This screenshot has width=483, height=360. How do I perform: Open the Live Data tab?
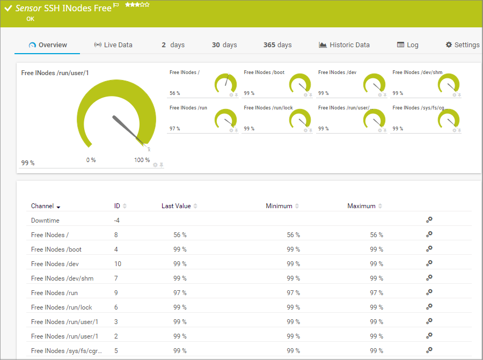(x=113, y=45)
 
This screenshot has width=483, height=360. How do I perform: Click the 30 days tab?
(x=224, y=45)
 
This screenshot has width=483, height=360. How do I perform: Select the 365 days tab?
(x=277, y=45)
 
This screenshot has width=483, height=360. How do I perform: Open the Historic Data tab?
(x=344, y=45)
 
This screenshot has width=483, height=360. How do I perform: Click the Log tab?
(x=408, y=45)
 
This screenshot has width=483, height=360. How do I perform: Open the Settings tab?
(x=463, y=45)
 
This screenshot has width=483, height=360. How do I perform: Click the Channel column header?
(x=42, y=206)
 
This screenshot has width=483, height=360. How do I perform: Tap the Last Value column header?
(x=177, y=206)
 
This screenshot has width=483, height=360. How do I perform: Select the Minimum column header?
(x=279, y=206)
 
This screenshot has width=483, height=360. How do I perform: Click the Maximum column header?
(x=361, y=206)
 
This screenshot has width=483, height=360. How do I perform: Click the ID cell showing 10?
(x=118, y=264)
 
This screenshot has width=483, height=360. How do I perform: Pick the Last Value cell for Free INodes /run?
(x=180, y=293)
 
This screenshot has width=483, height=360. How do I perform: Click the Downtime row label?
(x=45, y=221)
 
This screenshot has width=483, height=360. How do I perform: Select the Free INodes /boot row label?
(x=56, y=249)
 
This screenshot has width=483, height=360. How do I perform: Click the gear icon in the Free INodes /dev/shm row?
(x=429, y=278)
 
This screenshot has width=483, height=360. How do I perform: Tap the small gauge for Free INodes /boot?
(x=300, y=84)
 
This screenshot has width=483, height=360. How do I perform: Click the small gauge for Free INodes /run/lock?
(x=300, y=119)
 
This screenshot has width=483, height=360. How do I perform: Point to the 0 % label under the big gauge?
(x=91, y=160)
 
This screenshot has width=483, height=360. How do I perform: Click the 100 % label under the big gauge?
(x=142, y=160)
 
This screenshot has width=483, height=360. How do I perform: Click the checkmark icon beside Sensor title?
(x=8, y=9)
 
